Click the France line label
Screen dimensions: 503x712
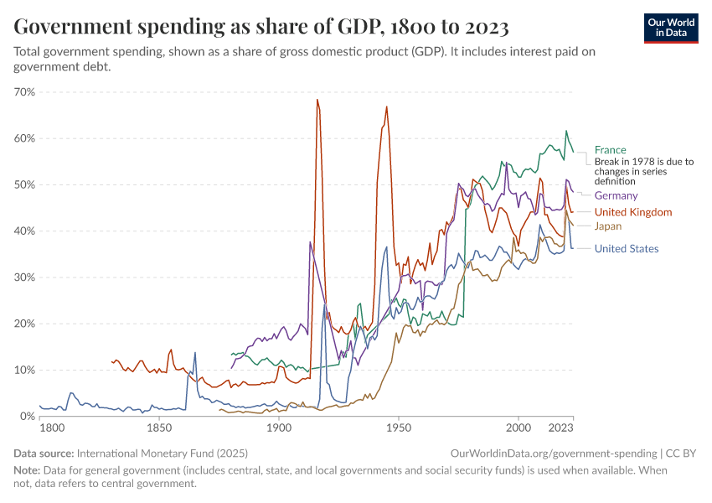coord(610,150)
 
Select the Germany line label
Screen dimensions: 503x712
coord(616,195)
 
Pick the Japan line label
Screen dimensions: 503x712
coord(607,226)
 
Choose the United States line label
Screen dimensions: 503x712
coord(626,248)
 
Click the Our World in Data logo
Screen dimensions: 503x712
coord(671,28)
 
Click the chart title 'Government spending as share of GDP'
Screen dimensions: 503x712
coord(261,28)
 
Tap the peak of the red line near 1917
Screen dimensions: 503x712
coord(317,100)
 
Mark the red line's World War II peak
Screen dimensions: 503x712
coord(386,106)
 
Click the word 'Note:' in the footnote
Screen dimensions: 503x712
coord(28,470)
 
